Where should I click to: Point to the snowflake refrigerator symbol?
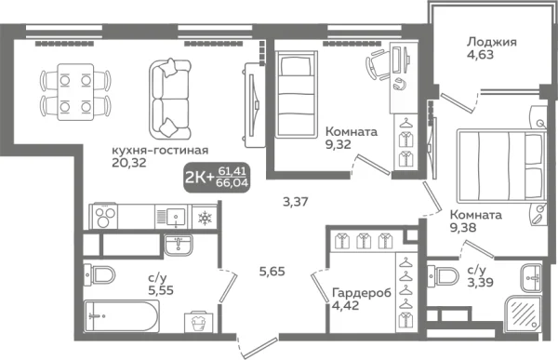click(x=204, y=217)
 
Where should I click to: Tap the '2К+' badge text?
click(x=196, y=177)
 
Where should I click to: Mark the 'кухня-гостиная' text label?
click(x=159, y=150)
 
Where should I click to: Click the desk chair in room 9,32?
click(x=376, y=65)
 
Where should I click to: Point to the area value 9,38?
click(x=464, y=229)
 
